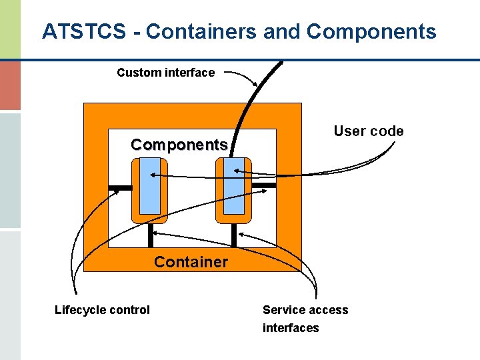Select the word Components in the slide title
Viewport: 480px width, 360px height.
tap(373, 31)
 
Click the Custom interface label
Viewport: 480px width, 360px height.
tap(165, 73)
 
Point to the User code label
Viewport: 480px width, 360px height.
tap(368, 131)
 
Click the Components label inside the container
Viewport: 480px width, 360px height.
tap(179, 145)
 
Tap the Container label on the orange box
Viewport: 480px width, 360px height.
tap(191, 262)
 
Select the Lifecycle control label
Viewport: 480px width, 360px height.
tap(102, 309)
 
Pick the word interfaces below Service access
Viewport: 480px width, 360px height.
tap(291, 327)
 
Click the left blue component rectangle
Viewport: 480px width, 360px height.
tap(150, 186)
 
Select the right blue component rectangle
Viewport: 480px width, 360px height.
tap(234, 186)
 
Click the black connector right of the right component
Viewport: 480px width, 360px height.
tap(263, 185)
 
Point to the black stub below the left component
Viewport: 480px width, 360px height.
tap(151, 235)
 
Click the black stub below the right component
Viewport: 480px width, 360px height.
tap(234, 235)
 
